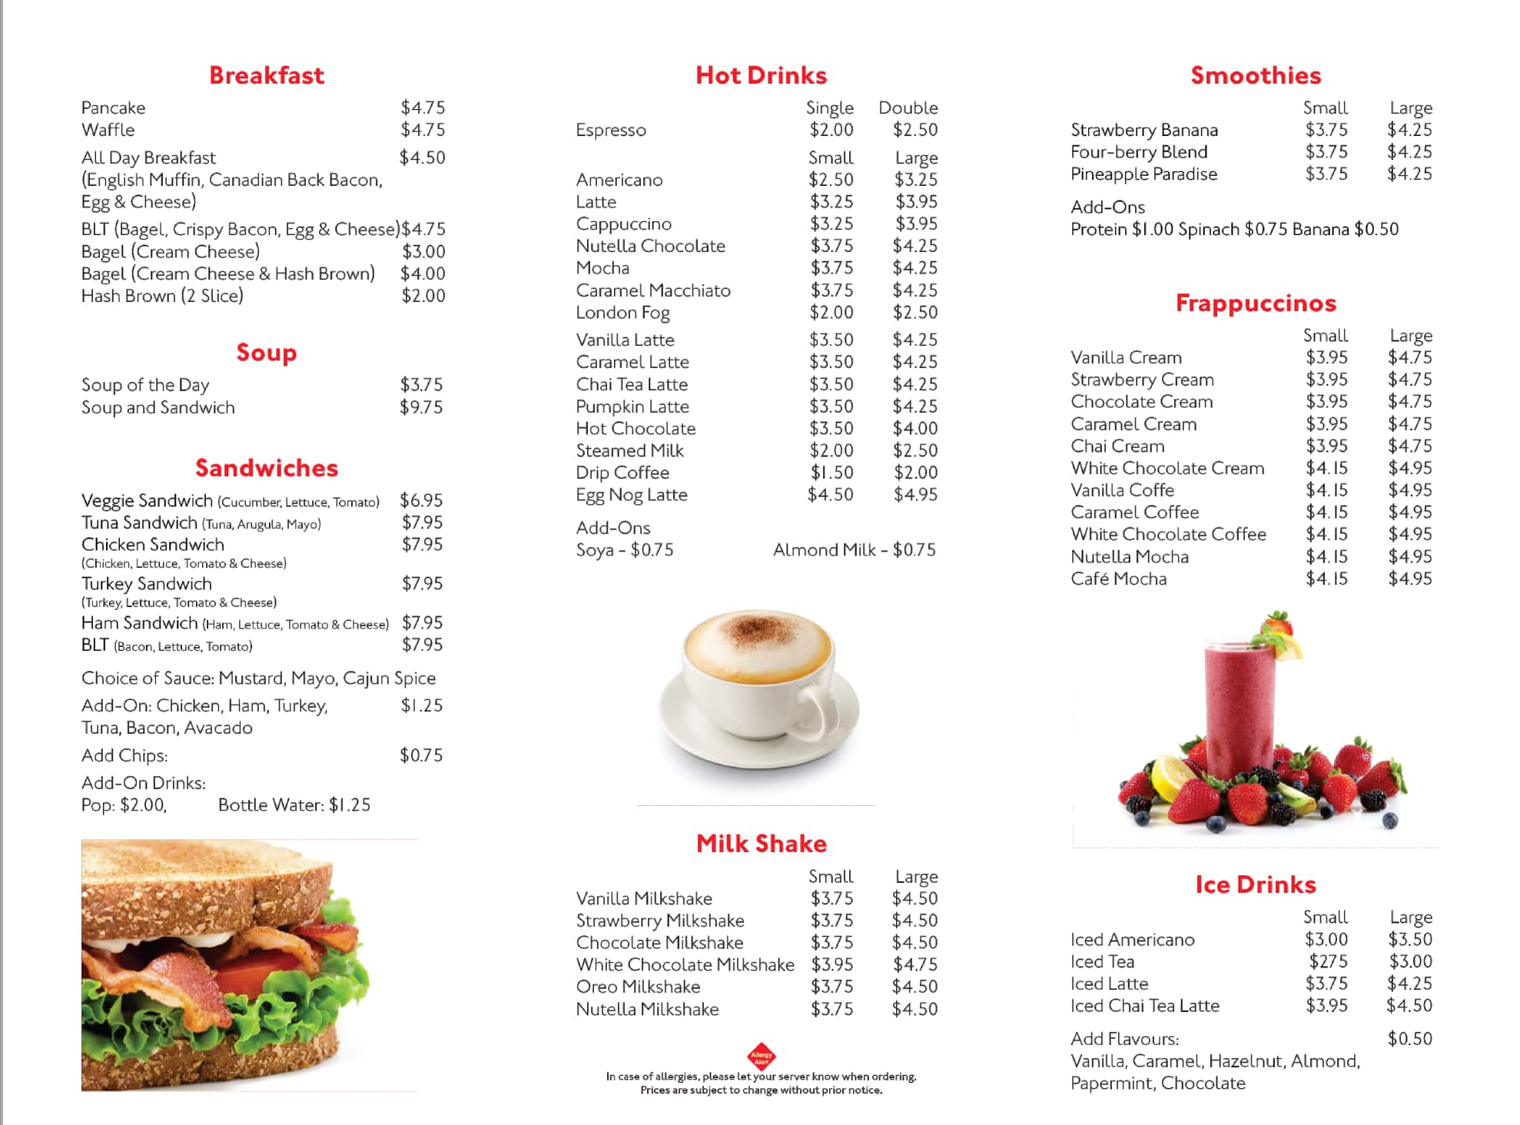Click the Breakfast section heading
267,75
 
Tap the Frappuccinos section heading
1256,304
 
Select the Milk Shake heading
761,844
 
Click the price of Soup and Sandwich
421,407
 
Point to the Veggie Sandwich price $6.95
421,500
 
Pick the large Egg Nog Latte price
915,495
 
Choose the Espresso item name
611,130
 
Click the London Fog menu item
622,313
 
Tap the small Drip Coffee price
831,473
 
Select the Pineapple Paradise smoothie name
1143,174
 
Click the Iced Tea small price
1328,961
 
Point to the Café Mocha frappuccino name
1118,579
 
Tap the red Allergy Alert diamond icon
761,1056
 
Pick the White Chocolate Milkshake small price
831,964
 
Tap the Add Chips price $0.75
421,755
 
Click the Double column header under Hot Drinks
908,108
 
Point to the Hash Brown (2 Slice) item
162,296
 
